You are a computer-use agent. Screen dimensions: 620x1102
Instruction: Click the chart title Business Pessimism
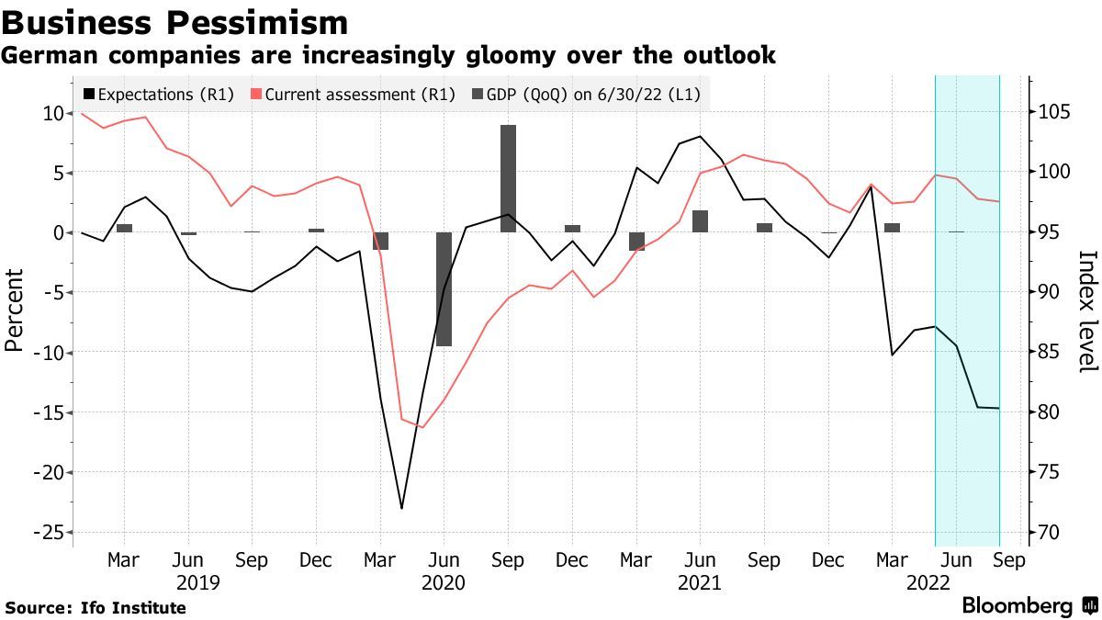point(174,22)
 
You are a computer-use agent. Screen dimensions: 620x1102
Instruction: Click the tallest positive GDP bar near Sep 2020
point(508,178)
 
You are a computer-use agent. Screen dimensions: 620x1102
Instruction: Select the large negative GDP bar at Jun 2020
point(444,289)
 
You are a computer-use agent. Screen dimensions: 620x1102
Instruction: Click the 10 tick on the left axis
point(51,113)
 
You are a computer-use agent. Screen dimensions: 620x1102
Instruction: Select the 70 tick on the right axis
point(1049,533)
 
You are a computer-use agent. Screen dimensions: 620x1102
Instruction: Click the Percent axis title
point(15,310)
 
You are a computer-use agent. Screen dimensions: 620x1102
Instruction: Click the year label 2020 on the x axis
point(444,583)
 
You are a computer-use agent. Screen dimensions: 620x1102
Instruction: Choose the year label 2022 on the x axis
point(928,583)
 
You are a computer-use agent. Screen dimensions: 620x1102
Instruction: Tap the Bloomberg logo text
point(1018,605)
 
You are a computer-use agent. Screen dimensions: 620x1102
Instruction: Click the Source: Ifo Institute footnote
point(96,608)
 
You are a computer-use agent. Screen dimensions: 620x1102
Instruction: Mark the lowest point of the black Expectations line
point(401,508)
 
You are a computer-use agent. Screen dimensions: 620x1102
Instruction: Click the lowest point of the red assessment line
point(422,427)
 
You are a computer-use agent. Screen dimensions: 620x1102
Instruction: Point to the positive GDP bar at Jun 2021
point(700,220)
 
